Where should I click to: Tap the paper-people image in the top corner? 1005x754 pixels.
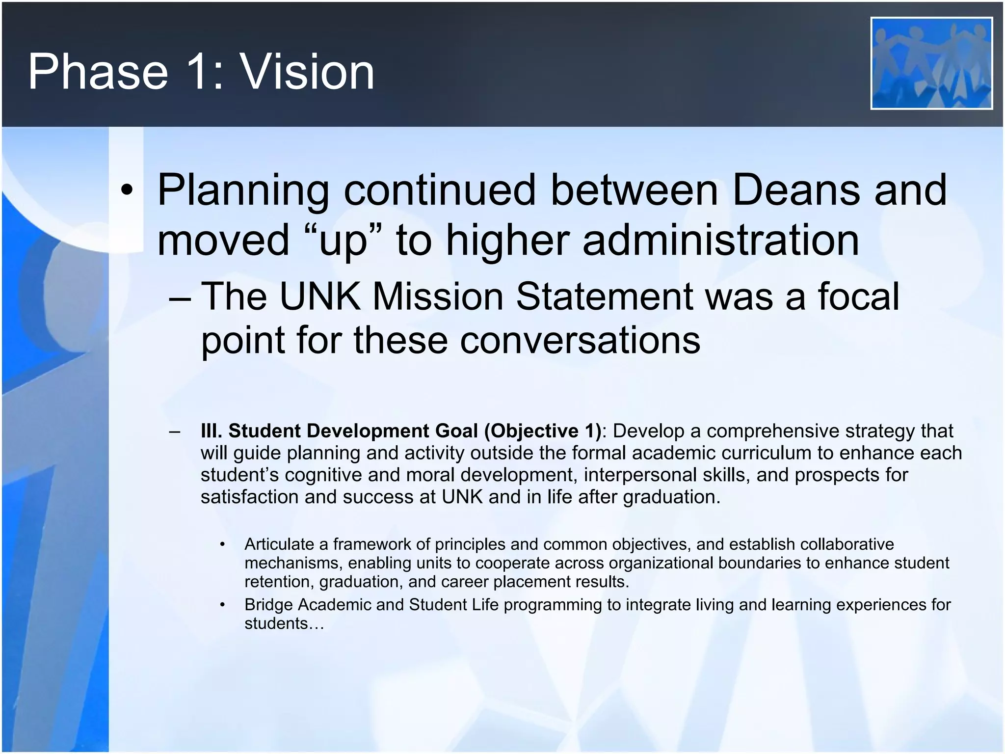(x=931, y=63)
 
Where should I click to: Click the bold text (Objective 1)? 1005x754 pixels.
(x=542, y=431)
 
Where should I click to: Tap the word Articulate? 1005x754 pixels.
(x=279, y=544)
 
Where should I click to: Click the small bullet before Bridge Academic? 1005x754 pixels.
(x=222, y=605)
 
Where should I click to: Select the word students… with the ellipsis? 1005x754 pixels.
(x=284, y=623)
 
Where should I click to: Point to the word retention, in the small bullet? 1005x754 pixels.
(x=279, y=582)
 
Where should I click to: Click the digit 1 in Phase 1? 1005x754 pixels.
(x=202, y=72)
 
